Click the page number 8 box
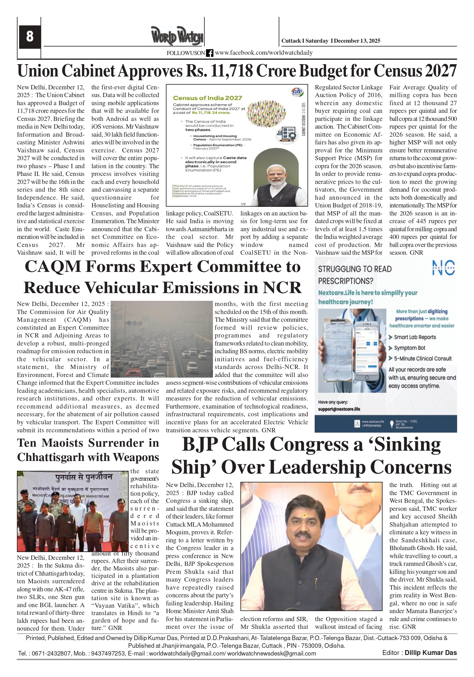tap(30, 37)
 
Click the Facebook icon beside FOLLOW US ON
tap(209, 53)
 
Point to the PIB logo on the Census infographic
tap(297, 92)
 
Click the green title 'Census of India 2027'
tap(207, 98)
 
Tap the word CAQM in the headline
tap(53, 266)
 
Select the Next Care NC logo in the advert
tap(443, 268)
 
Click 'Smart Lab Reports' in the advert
tap(415, 337)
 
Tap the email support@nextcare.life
tap(339, 409)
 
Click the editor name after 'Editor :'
tap(430, 653)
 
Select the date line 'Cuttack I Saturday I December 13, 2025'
tap(331, 41)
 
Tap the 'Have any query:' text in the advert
tap(333, 402)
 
